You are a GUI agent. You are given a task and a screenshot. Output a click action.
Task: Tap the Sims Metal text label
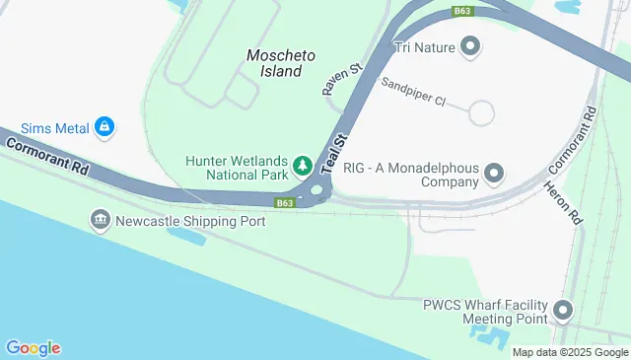49,126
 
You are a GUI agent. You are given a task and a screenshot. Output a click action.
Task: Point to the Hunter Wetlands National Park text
237,167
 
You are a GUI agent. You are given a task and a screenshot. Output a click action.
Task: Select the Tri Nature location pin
470,45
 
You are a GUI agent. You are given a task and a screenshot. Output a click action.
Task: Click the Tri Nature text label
425,45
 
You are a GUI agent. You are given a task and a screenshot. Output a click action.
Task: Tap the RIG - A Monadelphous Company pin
495,175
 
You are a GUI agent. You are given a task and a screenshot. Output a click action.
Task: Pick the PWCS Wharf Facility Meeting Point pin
563,312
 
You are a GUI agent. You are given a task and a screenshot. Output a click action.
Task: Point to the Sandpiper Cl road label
414,92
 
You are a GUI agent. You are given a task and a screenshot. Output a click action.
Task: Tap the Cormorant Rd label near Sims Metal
46,155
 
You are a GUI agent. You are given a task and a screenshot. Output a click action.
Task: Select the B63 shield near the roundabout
284,203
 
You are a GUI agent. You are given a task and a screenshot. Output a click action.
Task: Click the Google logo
33,347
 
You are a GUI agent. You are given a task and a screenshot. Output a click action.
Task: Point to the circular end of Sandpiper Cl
481,112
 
